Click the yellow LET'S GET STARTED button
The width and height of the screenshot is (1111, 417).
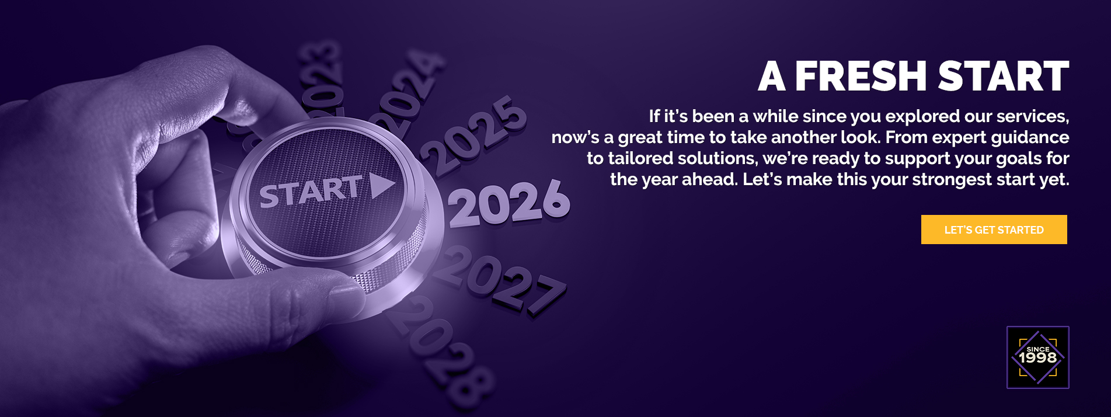[x=994, y=230]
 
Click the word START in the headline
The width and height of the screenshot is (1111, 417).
[x=1004, y=77]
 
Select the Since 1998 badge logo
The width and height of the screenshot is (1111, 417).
[x=1038, y=357]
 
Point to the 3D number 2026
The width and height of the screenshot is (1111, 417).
[x=509, y=204]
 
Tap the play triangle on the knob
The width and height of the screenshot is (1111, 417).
[x=381, y=186]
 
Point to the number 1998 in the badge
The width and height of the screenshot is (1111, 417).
[x=1038, y=357]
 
